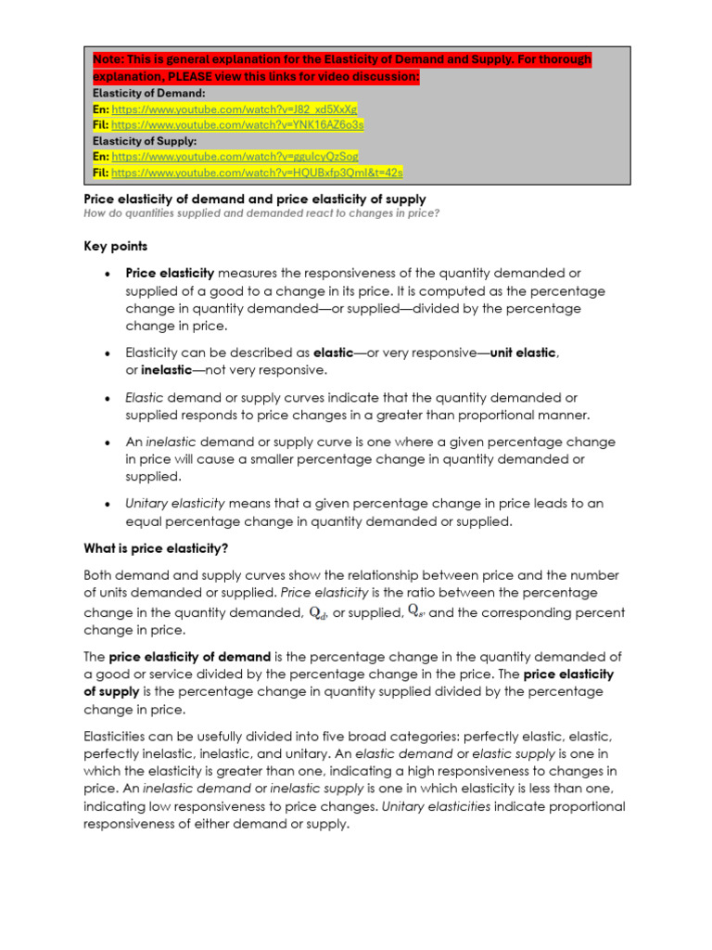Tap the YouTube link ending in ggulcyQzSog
[235, 157]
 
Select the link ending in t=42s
[257, 173]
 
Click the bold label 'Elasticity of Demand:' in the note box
[143, 93]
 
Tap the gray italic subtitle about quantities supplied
[261, 213]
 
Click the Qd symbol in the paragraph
[318, 612]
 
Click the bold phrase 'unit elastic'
[523, 353]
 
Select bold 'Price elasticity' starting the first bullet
[170, 273]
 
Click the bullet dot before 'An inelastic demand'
[108, 443]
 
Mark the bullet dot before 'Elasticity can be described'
[108, 353]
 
